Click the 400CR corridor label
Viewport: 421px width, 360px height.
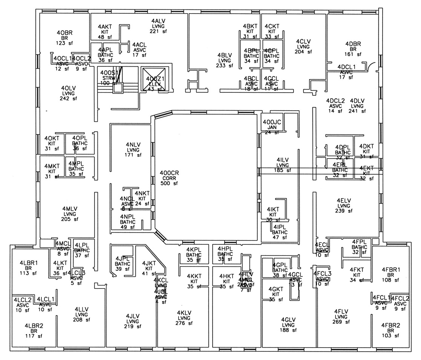[169, 173]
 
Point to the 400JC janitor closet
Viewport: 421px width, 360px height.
[272, 122]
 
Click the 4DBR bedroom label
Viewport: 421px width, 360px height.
[353, 44]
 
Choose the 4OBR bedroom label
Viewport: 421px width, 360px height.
[64, 32]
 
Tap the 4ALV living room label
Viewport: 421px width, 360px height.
[159, 21]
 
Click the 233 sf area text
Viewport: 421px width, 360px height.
[225, 66]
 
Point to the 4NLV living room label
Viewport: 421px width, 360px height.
[133, 144]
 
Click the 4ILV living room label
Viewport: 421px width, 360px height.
[282, 160]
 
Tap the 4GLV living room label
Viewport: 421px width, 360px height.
[288, 320]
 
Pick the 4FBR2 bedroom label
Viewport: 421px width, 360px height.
[390, 325]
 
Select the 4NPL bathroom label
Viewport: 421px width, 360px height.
[127, 217]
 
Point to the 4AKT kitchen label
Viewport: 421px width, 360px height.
[105, 27]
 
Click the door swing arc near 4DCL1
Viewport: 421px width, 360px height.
[373, 66]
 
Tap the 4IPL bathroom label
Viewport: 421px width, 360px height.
[280, 227]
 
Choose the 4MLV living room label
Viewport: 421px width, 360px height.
[70, 209]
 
